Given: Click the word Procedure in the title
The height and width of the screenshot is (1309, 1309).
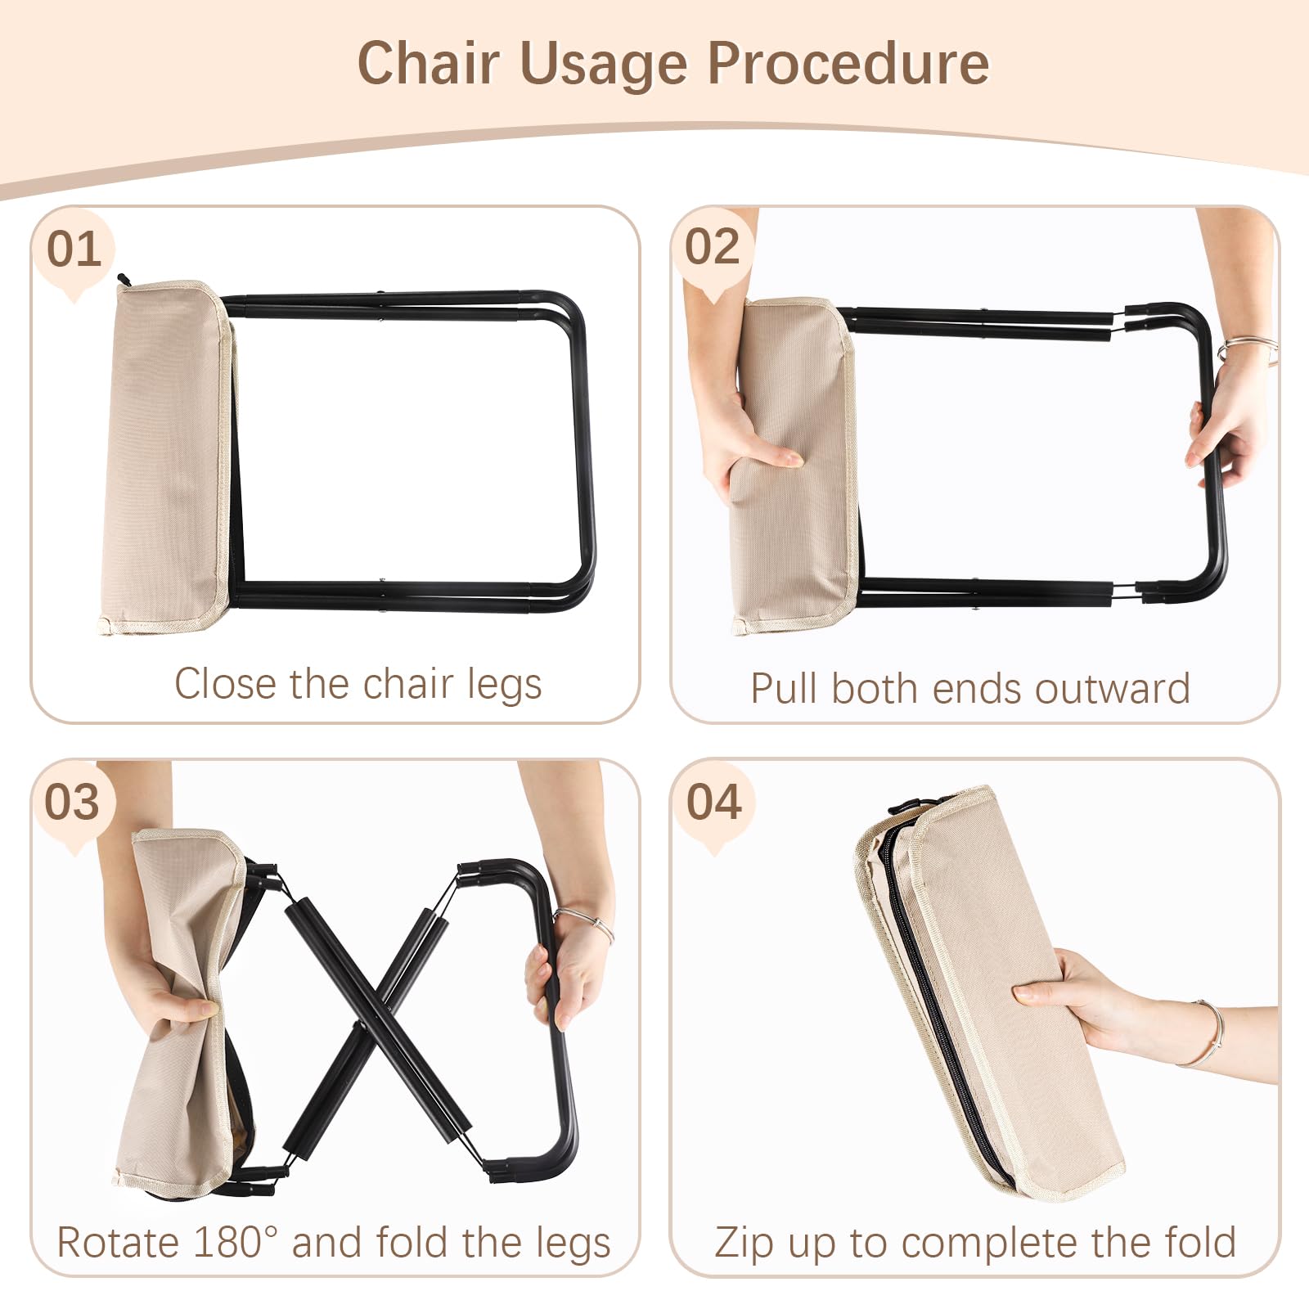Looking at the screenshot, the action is [848, 63].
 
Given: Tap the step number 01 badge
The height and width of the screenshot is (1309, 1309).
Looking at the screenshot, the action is [74, 250].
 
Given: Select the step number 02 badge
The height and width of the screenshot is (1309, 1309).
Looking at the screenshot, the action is [713, 248].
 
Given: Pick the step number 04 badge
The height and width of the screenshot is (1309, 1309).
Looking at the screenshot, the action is [714, 803].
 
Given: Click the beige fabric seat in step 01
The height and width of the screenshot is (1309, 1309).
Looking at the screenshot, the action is [167, 457].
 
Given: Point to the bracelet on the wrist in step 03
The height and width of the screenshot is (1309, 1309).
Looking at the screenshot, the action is [586, 924].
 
